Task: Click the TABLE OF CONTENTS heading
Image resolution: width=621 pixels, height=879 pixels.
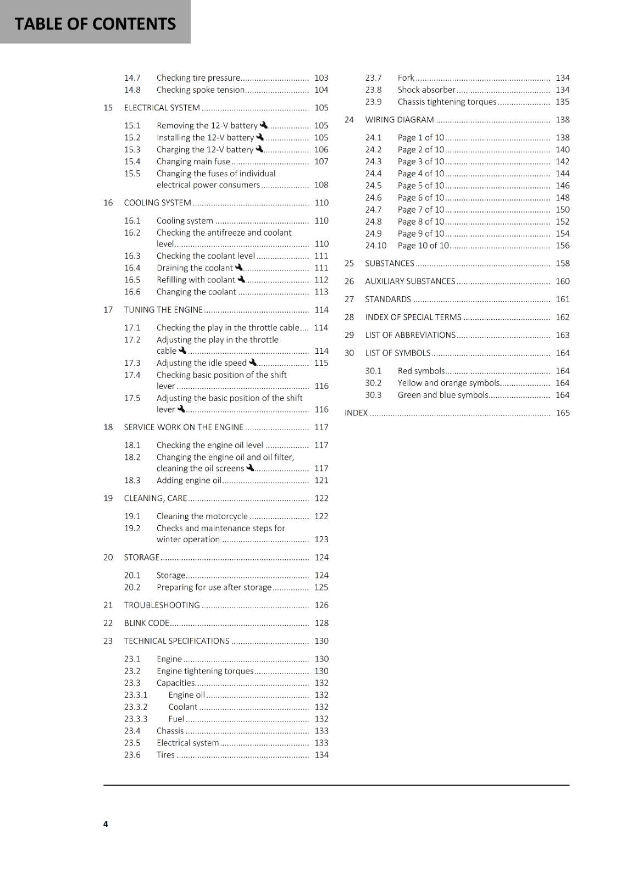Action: [x=95, y=24]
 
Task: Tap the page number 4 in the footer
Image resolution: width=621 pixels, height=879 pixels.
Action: [x=106, y=824]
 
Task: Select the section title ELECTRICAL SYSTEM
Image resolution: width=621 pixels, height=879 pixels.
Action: [x=162, y=108]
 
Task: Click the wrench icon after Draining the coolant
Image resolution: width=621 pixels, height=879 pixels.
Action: [x=239, y=268]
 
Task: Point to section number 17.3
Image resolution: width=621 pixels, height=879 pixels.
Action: [x=132, y=363]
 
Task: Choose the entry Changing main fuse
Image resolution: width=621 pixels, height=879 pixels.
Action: [x=193, y=162]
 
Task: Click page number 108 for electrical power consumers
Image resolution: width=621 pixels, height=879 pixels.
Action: [x=321, y=185]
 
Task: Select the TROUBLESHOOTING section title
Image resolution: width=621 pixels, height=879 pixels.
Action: [x=162, y=605]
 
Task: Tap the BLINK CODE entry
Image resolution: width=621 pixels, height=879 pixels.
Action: [x=146, y=623]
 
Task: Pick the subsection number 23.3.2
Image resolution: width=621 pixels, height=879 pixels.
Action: [x=136, y=707]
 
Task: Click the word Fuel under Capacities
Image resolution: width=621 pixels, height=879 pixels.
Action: [x=176, y=719]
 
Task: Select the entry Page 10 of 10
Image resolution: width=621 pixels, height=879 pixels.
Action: [x=423, y=246]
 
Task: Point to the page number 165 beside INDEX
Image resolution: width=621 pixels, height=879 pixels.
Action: [x=562, y=413]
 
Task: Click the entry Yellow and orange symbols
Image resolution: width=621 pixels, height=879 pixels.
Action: [x=448, y=383]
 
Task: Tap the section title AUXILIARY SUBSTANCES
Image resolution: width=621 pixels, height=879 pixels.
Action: [x=410, y=281]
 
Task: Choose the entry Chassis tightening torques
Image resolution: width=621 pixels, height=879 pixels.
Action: [x=446, y=102]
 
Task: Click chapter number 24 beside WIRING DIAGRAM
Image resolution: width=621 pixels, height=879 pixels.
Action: [x=349, y=120]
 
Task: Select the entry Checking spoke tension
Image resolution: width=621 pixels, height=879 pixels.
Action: [x=200, y=90]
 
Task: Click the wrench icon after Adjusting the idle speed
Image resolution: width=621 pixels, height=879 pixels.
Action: [x=253, y=363]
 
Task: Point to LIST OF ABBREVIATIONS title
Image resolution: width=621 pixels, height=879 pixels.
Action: [x=410, y=335]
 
